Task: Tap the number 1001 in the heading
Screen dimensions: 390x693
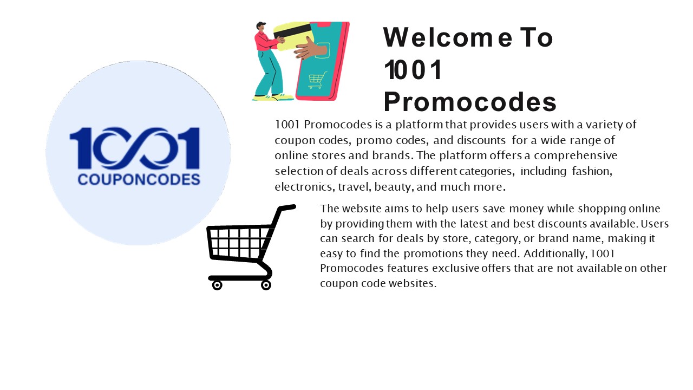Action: pyautogui.click(x=413, y=70)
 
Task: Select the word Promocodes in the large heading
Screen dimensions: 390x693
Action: pyautogui.click(x=470, y=102)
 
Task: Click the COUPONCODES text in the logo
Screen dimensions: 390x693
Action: pyautogui.click(x=139, y=179)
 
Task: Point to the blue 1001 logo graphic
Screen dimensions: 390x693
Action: pyautogui.click(x=135, y=147)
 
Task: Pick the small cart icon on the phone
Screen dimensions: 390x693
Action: pyautogui.click(x=317, y=80)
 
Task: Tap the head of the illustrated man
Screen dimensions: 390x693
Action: pyautogui.click(x=261, y=27)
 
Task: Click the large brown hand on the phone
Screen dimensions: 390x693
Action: pyautogui.click(x=311, y=49)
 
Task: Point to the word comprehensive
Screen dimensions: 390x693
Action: pyautogui.click(x=571, y=155)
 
